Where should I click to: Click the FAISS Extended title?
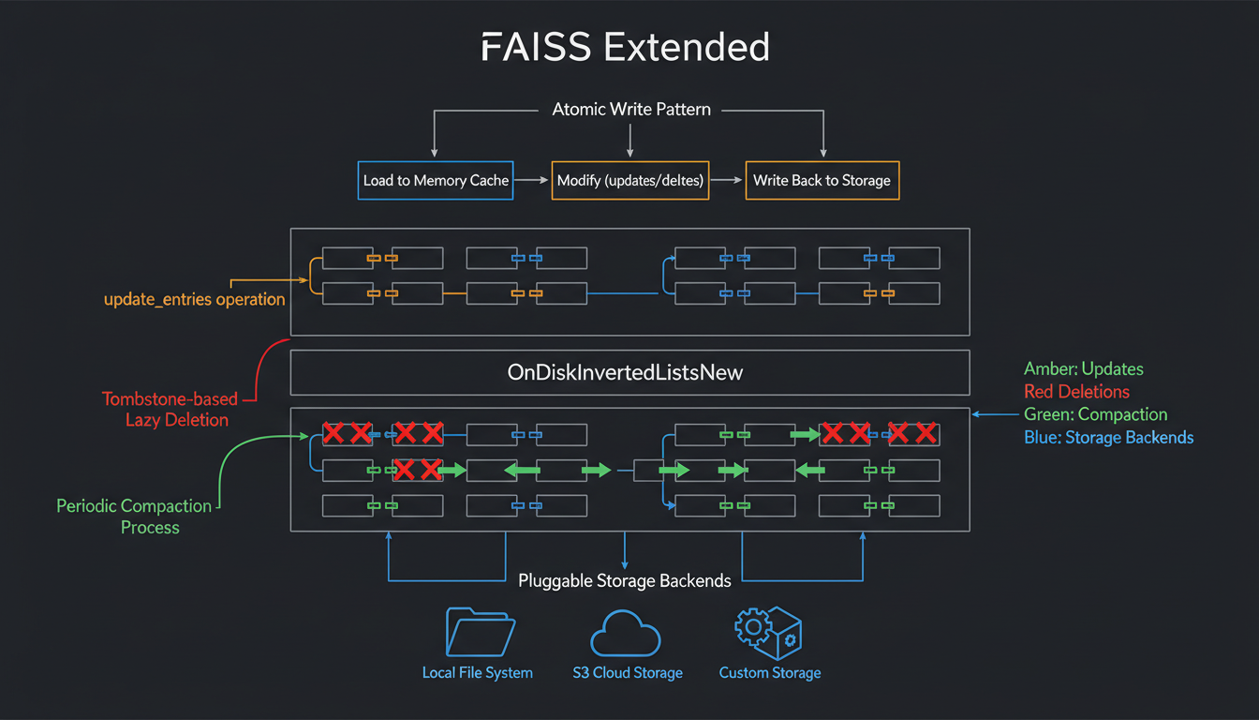coord(625,47)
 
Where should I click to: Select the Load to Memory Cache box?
coord(436,180)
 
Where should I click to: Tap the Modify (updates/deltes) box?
coord(629,180)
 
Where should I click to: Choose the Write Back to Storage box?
coord(822,180)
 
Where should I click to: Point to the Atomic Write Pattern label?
coord(630,110)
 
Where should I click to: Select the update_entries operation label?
coord(194,300)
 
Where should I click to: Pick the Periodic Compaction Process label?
coord(135,517)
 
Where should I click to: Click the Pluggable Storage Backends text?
coord(625,581)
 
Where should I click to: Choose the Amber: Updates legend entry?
coord(1083,368)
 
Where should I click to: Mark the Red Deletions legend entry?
coord(1076,391)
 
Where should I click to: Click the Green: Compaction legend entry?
coord(1095,414)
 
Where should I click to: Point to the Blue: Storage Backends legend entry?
coord(1108,437)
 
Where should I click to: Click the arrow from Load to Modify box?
coord(532,180)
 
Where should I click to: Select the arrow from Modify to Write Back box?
coord(727,180)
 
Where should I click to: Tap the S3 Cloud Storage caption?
coord(627,673)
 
